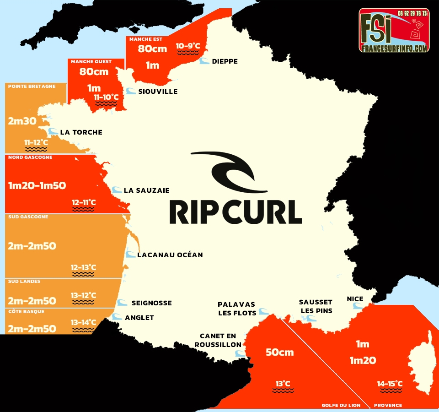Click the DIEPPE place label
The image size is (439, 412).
(225, 61)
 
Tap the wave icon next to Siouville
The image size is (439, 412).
(131, 91)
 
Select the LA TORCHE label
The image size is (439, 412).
(81, 132)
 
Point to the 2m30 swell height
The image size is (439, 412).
(22, 121)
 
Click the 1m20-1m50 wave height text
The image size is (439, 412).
(37, 185)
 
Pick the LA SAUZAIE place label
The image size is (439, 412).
(146, 190)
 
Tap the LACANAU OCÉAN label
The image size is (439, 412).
(170, 255)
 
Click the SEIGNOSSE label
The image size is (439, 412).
(151, 303)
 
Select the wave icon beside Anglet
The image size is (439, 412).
(117, 317)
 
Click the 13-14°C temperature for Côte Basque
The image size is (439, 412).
(83, 322)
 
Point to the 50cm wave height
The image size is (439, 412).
(279, 352)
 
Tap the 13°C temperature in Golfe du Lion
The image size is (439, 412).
(283, 384)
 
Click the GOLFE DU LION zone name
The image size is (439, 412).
(341, 405)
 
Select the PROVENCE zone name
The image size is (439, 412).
(388, 405)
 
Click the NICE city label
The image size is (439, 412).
(355, 299)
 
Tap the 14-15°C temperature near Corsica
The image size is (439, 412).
(390, 384)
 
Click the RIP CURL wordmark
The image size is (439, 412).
(236, 211)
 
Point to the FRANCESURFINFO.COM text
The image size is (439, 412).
(394, 47)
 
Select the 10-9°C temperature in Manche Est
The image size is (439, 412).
(188, 46)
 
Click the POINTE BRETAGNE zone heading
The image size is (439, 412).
(32, 86)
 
